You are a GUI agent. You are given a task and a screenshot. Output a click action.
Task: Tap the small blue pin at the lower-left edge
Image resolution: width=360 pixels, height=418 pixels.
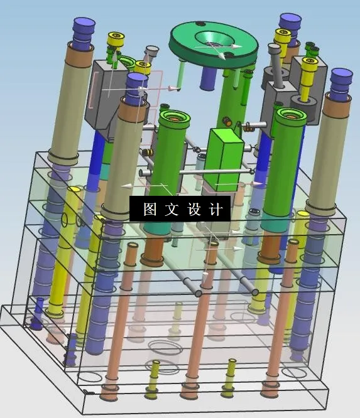click(x=38, y=314)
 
